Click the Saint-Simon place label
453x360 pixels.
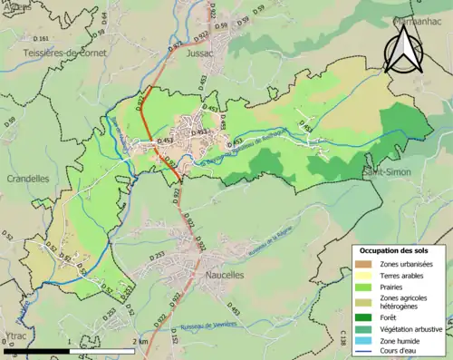pos(386,172)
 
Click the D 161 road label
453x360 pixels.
pos(42,39)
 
